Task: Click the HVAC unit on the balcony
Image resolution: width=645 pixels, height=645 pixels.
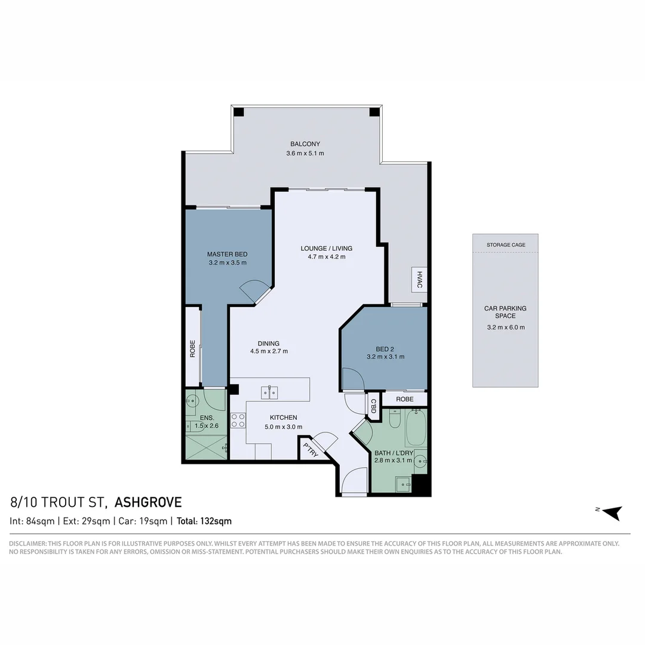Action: [419, 279]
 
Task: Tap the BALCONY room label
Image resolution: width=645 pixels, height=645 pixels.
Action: [305, 144]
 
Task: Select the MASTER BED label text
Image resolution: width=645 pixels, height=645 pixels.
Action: [227, 253]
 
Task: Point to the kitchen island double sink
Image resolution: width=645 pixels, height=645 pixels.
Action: [270, 392]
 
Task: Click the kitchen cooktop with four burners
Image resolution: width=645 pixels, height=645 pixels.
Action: [238, 420]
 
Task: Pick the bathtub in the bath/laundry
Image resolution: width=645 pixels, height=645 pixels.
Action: [416, 428]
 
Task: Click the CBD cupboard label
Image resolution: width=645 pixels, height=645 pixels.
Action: [374, 407]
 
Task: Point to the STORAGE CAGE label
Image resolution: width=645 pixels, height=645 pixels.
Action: [506, 245]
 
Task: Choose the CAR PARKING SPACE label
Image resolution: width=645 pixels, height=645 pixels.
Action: [505, 312]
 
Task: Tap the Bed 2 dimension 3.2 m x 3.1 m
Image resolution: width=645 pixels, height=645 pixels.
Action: [385, 357]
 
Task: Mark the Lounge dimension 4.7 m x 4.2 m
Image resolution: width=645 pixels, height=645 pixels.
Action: [326, 257]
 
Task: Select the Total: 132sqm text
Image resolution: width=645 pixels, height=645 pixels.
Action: [204, 521]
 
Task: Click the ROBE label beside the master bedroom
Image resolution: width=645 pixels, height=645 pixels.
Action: [192, 348]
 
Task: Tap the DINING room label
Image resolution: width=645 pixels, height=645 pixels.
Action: [269, 343]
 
